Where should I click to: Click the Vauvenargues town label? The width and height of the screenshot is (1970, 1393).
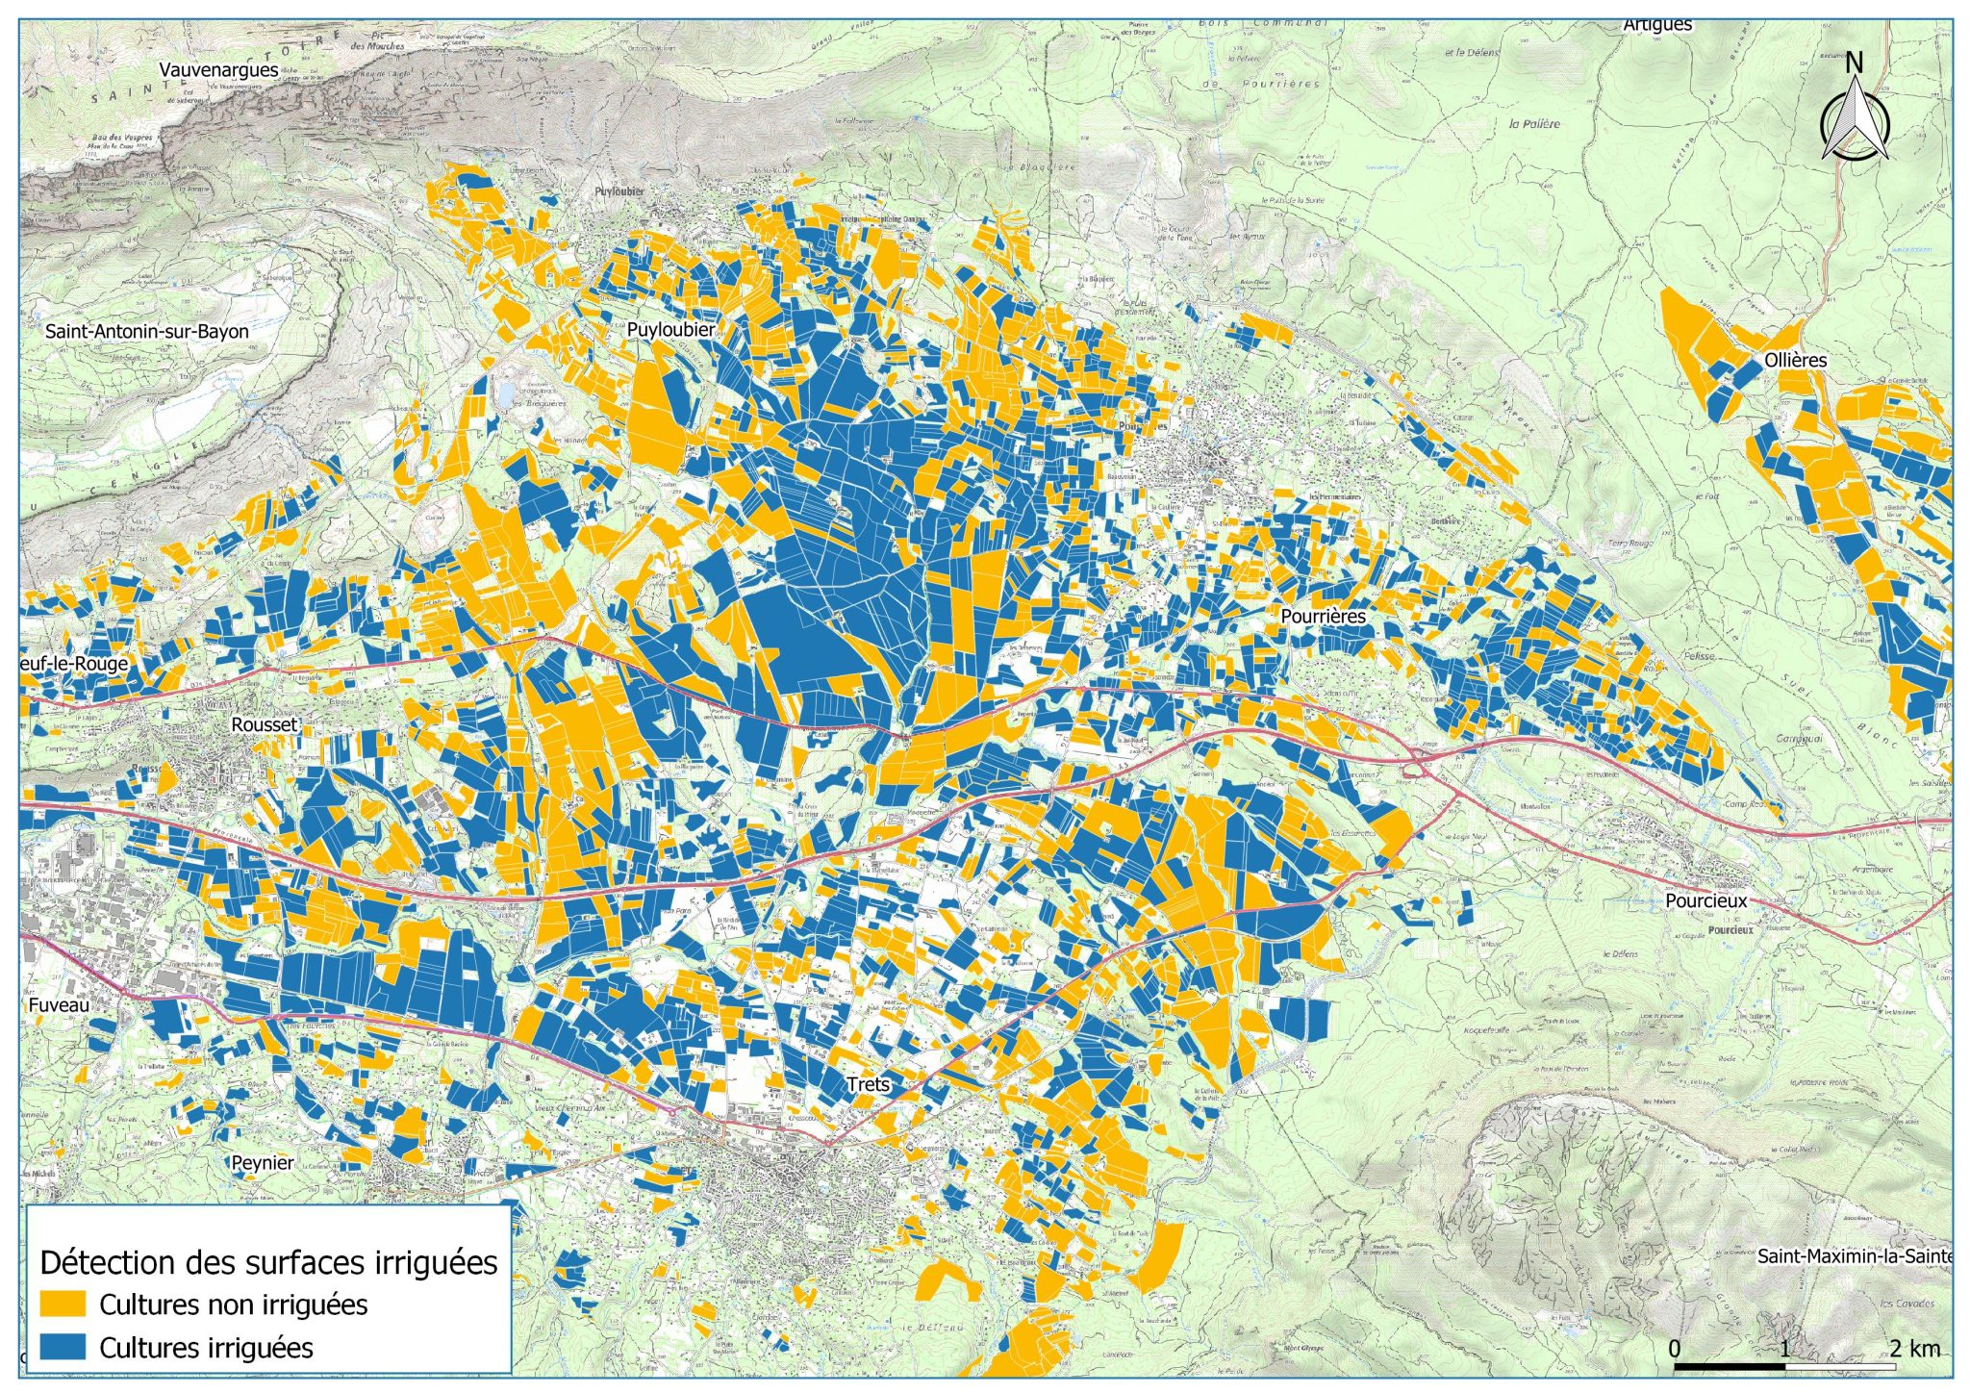pos(218,70)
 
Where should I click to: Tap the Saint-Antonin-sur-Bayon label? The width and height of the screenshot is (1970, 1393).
pos(147,332)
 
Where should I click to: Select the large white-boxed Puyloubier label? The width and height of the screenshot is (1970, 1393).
pos(670,330)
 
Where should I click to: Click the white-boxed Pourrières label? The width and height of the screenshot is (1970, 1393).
pos(1323,616)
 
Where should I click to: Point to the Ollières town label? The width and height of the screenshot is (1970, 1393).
pos(1795,361)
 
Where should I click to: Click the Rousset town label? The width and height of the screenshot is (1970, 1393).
pos(265,724)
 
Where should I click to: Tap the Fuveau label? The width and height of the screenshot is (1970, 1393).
pos(59,1005)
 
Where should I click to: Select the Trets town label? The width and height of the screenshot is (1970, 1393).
pos(869,1084)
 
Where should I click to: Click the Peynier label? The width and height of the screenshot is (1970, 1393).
pos(263,1162)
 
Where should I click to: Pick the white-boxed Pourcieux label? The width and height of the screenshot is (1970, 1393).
pos(1705,901)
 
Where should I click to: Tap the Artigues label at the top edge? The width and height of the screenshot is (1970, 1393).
pos(1657,26)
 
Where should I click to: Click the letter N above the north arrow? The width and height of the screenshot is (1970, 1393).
pos(1855,63)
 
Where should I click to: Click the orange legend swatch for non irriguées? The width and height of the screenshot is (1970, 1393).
pos(63,1304)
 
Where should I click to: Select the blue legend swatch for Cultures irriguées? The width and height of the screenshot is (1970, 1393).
pos(63,1347)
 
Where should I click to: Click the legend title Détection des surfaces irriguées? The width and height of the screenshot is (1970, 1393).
pos(269,1262)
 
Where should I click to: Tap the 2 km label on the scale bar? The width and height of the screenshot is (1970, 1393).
pos(1913,1348)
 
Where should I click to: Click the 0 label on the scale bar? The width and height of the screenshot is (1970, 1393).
pos(1675,1348)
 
